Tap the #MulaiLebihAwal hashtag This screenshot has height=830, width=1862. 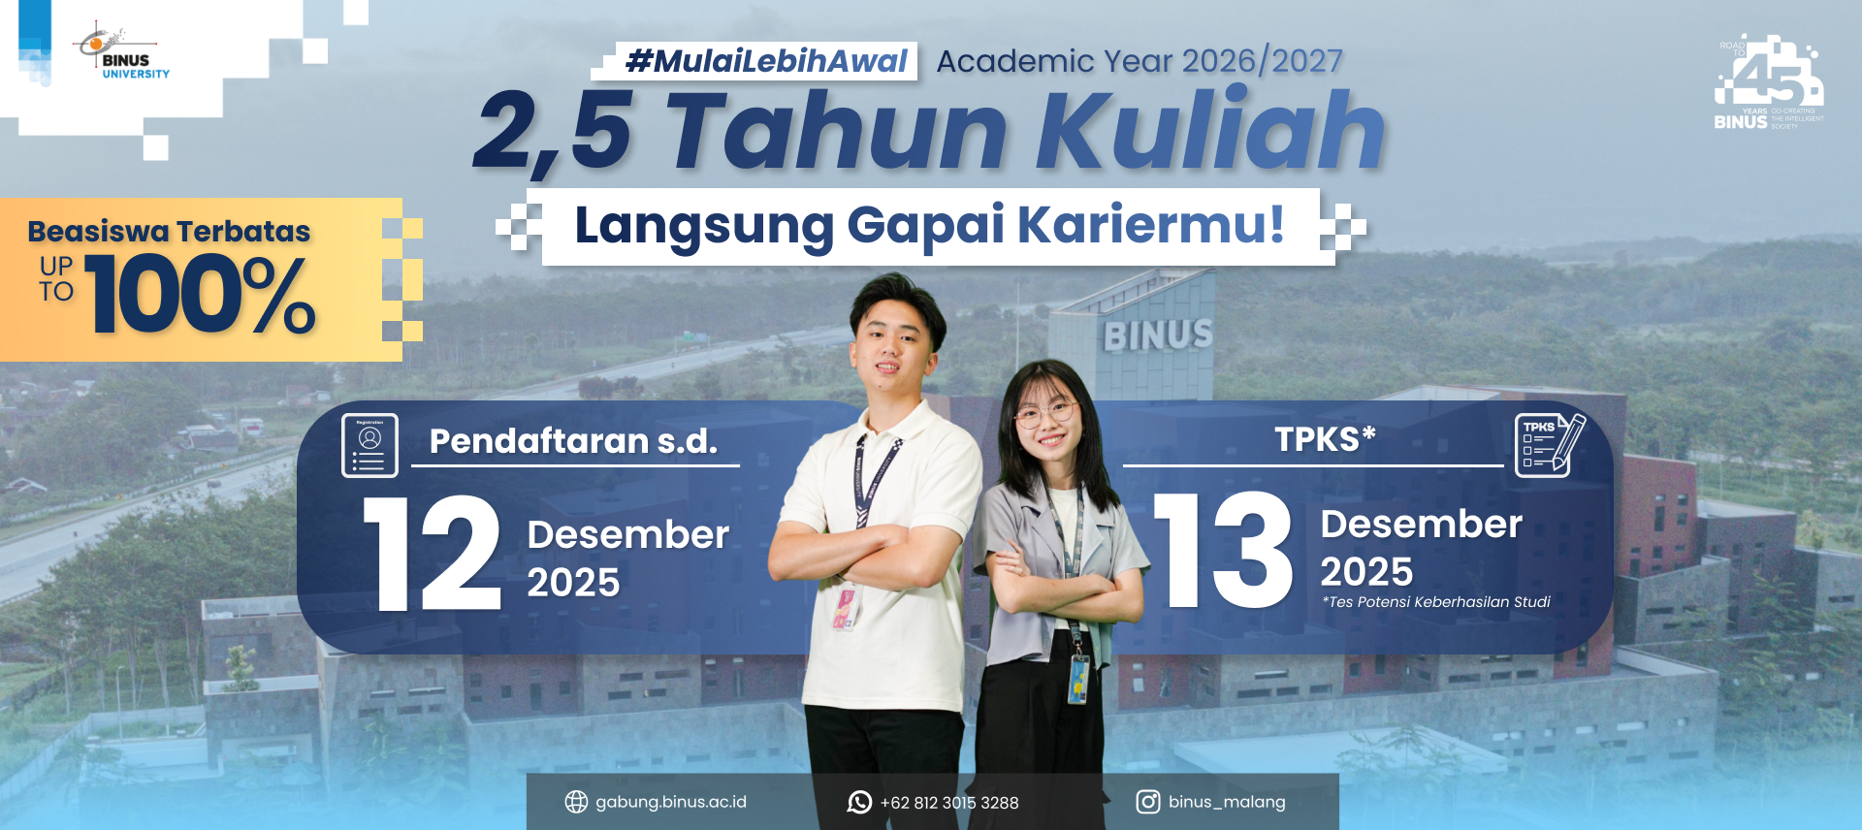tap(766, 61)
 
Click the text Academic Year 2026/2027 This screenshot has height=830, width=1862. tap(1140, 61)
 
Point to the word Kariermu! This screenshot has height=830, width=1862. tap(1150, 225)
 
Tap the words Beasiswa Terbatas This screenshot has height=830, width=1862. tap(169, 232)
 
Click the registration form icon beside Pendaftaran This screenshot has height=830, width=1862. tap(369, 445)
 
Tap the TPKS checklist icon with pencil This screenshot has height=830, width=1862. tap(1549, 445)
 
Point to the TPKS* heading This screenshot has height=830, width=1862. tap(1325, 439)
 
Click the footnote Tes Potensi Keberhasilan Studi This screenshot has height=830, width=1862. tap(1436, 602)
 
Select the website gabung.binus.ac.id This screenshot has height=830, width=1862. tap(670, 802)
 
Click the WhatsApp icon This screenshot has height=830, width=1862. tap(859, 802)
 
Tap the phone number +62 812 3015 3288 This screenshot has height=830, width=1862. tap(949, 803)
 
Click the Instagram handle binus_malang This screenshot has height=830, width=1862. tap(1227, 802)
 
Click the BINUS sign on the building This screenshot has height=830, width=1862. tap(1158, 335)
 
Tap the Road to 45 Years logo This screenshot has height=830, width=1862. tap(1768, 83)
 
